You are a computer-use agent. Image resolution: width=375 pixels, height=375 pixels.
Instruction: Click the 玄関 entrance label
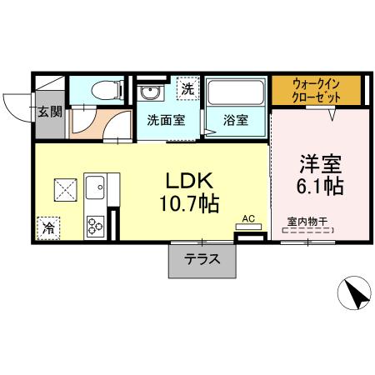pyautogui.click(x=49, y=111)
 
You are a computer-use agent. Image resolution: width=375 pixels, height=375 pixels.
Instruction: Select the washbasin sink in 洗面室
pyautogui.click(x=152, y=92)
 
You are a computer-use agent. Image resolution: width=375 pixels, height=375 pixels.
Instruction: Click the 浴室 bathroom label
pyautogui.click(x=235, y=119)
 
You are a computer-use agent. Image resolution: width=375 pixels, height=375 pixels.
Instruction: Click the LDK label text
pyautogui.click(x=193, y=179)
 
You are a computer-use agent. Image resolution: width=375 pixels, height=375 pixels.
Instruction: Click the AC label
pyautogui.click(x=247, y=220)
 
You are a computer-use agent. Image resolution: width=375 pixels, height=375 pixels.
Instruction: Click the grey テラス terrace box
pyautogui.click(x=202, y=259)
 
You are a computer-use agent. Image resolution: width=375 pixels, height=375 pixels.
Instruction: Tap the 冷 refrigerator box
pyautogui.click(x=49, y=225)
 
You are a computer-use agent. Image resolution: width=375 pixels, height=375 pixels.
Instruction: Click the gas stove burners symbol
pyautogui.click(x=93, y=223)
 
